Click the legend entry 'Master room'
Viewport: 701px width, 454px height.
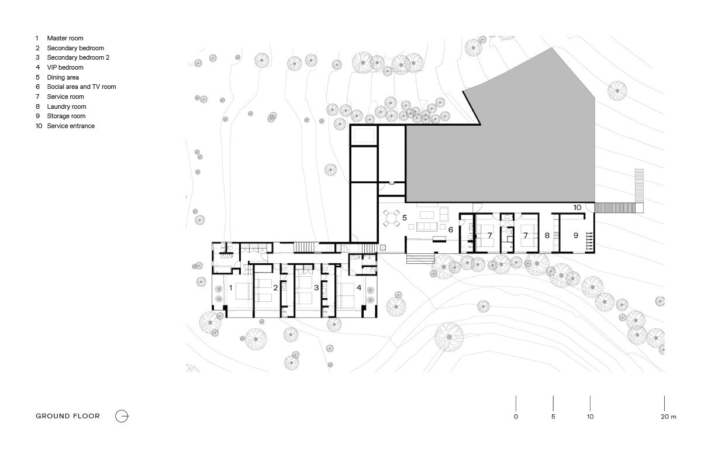[65, 38]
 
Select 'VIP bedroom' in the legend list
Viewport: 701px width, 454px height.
[65, 67]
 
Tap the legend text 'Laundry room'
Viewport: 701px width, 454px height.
[66, 106]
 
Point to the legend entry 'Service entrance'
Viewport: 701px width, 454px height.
[70, 126]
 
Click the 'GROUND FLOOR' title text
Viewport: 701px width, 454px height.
[68, 417]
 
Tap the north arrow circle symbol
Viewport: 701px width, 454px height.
[122, 417]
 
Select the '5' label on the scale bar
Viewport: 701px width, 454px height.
[553, 417]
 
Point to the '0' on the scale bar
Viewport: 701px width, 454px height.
[516, 417]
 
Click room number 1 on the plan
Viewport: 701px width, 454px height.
[231, 288]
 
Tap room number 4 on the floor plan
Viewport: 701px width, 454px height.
[359, 288]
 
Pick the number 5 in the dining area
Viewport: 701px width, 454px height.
[404, 218]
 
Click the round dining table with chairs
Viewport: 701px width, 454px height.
[391, 218]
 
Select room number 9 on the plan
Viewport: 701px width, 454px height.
[575, 235]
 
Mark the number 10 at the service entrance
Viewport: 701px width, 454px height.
[577, 207]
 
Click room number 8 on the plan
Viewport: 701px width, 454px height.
[547, 235]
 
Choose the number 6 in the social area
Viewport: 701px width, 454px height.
[451, 230]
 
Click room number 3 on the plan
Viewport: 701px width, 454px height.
[316, 288]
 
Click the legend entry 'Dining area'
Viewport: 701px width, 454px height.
[63, 77]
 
